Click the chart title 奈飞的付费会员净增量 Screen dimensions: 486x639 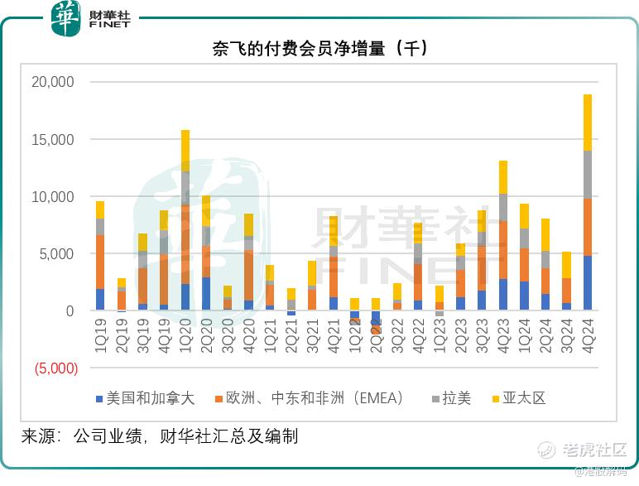[x=320, y=49]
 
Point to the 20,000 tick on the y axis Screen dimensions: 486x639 [x=52, y=82]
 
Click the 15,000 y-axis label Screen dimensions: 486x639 [x=52, y=139]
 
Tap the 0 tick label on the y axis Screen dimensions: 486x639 [x=69, y=311]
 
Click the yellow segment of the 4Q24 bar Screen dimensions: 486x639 [x=588, y=122]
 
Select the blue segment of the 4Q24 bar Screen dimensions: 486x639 [x=588, y=283]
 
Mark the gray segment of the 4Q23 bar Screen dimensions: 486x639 [x=502, y=207]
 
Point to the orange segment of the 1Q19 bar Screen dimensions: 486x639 [x=100, y=262]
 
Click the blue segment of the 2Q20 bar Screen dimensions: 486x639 [x=206, y=294]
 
